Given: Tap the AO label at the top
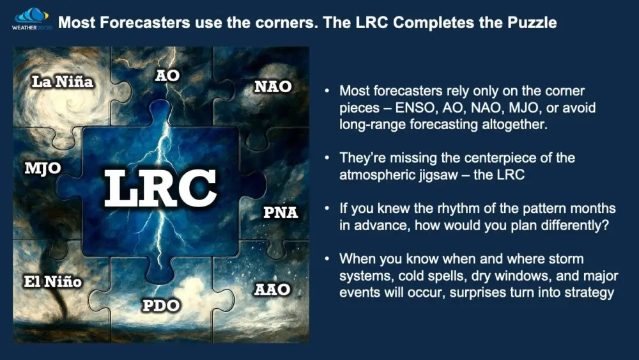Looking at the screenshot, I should pos(167,75).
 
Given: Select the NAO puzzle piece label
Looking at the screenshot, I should pos(273,86).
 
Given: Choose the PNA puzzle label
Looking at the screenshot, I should pos(281,212).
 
